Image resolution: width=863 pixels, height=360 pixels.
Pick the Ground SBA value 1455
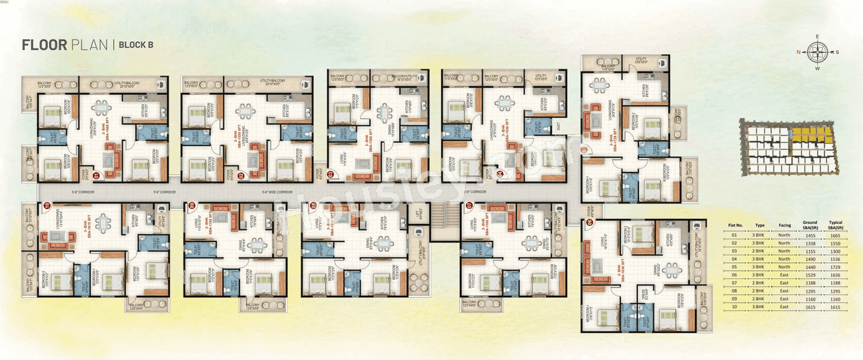click(810, 236)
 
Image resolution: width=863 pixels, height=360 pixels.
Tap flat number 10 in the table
click(735, 306)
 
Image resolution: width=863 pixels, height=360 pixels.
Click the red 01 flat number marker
click(96, 176)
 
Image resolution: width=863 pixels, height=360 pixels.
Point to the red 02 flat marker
click(241, 176)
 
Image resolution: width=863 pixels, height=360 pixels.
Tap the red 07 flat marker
click(469, 204)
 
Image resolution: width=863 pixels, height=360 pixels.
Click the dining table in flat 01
click(101, 109)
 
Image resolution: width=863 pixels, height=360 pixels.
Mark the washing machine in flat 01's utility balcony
click(162, 85)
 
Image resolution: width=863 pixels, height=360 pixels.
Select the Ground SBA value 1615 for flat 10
click(810, 306)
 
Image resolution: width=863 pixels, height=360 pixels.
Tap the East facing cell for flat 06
click(784, 275)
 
